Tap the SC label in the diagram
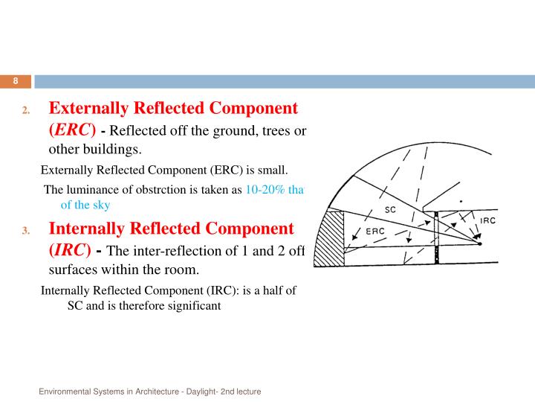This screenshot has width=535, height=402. click(x=391, y=210)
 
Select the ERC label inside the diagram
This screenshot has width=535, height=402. click(x=374, y=231)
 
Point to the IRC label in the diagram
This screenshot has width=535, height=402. click(x=487, y=220)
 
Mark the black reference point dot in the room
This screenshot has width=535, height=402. click(x=479, y=244)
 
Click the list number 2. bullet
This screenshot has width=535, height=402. click(x=25, y=111)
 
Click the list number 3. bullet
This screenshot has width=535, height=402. click(x=25, y=230)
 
